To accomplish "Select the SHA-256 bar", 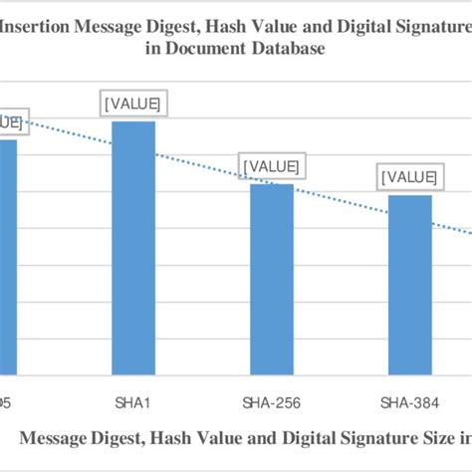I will (x=272, y=279).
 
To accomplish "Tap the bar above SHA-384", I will (x=409, y=284).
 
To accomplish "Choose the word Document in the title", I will (x=221, y=53).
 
